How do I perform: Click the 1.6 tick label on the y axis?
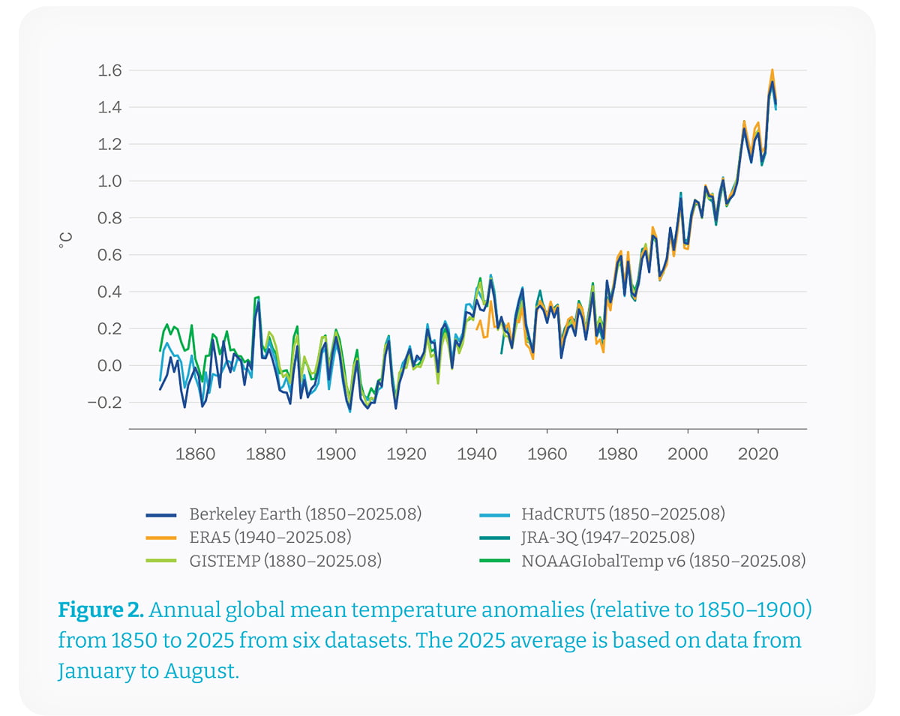110,70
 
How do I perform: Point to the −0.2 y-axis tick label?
105,403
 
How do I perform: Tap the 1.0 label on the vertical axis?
110,181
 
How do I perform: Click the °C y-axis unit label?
66,240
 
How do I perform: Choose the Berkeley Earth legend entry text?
305,514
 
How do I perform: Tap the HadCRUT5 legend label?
623,514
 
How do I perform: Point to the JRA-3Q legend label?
607,538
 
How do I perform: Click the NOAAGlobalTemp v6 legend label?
663,561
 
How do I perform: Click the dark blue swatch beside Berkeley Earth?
161,515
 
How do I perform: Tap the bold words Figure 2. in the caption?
100,610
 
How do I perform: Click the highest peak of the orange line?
772,70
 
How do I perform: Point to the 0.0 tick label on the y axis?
110,366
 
